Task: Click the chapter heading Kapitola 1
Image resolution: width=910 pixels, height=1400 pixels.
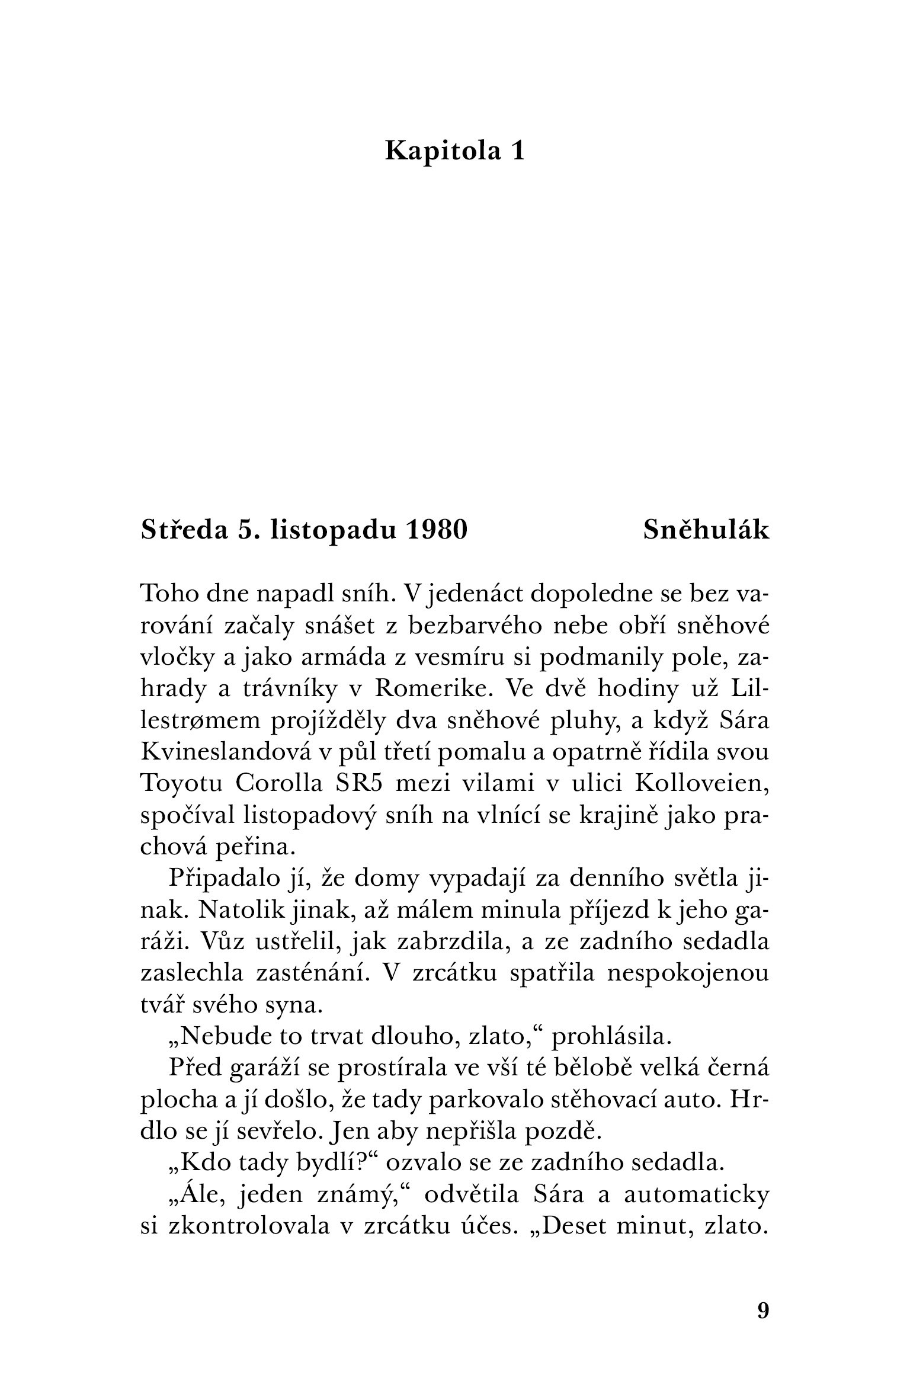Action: pos(454,151)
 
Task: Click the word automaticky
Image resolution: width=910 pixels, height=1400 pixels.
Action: pos(697,1196)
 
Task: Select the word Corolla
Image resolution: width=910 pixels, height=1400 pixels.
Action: pos(278,784)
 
